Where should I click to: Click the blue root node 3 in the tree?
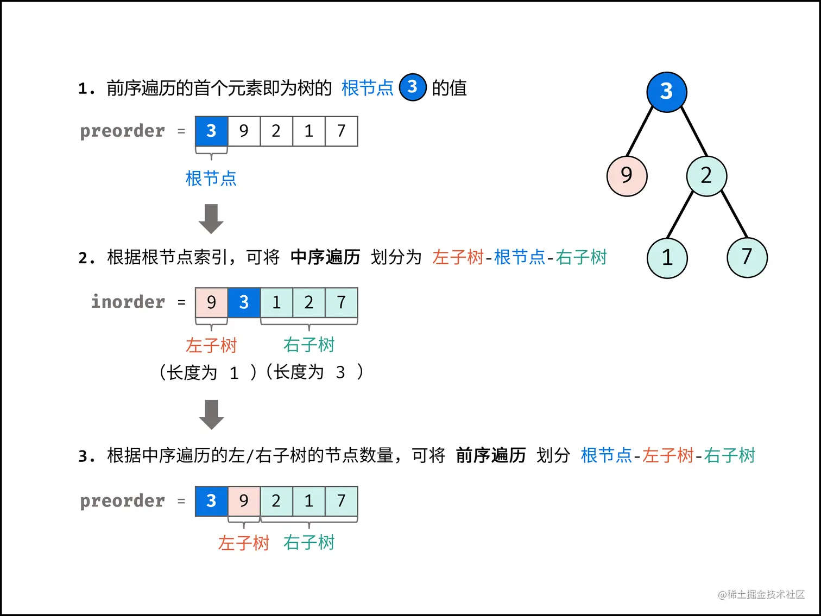(x=666, y=92)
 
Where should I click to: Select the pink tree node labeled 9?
(x=627, y=175)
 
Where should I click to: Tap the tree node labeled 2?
(x=706, y=175)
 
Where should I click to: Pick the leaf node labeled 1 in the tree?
(x=667, y=258)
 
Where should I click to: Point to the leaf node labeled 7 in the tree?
(x=747, y=257)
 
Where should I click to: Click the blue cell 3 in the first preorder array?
(x=211, y=131)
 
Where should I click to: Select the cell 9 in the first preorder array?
(x=244, y=131)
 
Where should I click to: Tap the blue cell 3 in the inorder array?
(x=244, y=302)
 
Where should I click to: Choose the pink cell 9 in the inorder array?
(x=211, y=302)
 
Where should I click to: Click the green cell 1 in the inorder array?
(x=276, y=302)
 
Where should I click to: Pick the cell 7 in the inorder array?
(x=341, y=302)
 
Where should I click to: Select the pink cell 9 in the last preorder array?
(x=244, y=500)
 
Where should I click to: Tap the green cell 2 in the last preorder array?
(x=276, y=500)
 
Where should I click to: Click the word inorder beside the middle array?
(x=128, y=302)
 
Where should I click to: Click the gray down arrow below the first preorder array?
(x=211, y=219)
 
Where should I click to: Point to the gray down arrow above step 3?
(x=211, y=415)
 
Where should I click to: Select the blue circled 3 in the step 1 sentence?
(x=413, y=87)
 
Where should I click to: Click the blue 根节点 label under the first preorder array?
(x=211, y=178)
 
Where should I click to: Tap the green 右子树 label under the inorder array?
(x=308, y=345)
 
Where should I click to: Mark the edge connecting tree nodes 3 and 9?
(x=640, y=131)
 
